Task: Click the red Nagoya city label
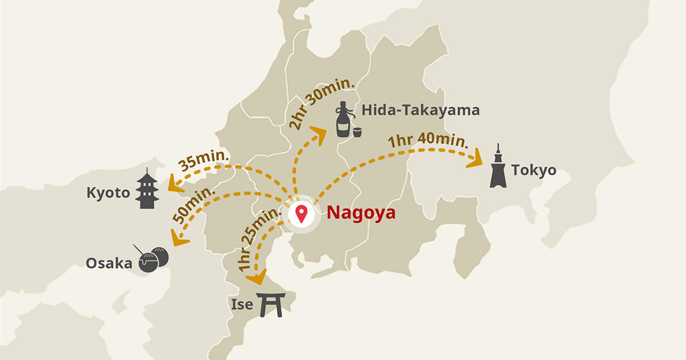point(361,213)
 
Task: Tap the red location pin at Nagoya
point(301,214)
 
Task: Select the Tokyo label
point(533,170)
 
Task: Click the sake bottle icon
point(342,120)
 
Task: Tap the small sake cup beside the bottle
point(357,132)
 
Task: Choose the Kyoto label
point(108,193)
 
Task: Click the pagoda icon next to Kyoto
point(147,189)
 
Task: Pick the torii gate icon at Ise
point(270,305)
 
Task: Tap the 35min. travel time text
point(204,161)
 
